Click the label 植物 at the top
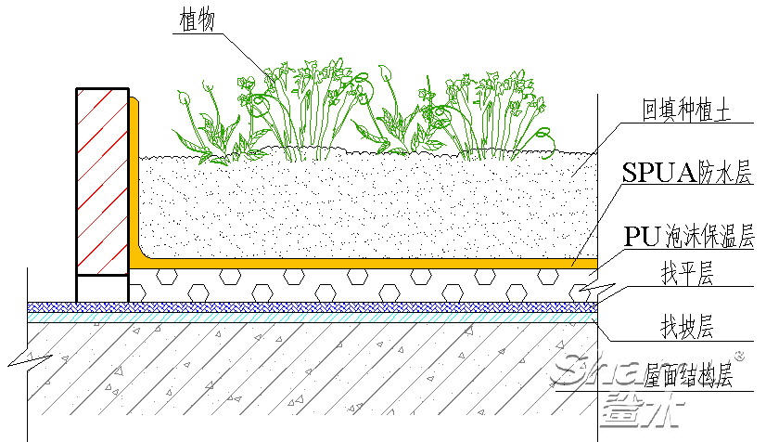195,20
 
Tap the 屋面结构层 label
688,376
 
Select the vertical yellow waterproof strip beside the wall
134,176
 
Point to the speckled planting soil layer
362,204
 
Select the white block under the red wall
102,288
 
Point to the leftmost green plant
204,125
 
